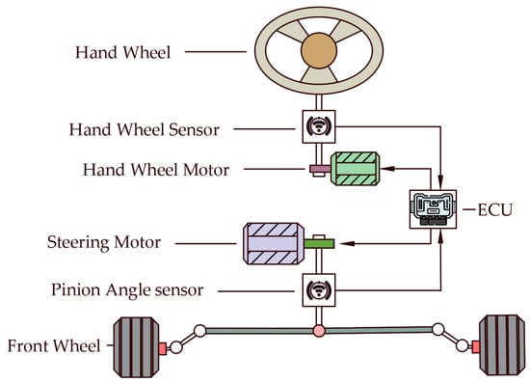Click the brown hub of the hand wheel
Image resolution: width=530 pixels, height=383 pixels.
tap(319, 51)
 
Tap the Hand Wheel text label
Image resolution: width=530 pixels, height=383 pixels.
tap(122, 52)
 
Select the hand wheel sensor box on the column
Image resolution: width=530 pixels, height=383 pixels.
tap(319, 126)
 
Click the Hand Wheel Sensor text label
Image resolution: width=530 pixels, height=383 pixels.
tap(145, 129)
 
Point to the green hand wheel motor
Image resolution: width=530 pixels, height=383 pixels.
tap(356, 169)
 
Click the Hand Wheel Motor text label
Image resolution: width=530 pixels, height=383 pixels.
tap(156, 170)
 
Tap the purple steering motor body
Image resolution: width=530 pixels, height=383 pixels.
tap(274, 244)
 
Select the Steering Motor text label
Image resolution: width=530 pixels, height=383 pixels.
tap(104, 242)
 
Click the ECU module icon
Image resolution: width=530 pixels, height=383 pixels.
tap(433, 209)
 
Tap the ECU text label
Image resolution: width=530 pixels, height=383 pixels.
tap(495, 210)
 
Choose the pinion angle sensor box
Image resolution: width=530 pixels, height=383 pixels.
tap(319, 290)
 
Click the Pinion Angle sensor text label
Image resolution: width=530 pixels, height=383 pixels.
tap(127, 290)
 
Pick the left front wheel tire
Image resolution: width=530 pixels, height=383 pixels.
tap(136, 347)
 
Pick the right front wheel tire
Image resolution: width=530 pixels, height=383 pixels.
tap(502, 344)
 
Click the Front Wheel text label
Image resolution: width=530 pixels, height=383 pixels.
tap(54, 346)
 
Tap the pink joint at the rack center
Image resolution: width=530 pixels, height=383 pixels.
tap(319, 331)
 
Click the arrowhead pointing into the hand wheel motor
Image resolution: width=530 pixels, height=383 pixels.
tap(387, 168)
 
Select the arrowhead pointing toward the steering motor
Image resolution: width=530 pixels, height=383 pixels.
tap(347, 243)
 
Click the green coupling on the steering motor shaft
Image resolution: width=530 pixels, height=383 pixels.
tap(319, 244)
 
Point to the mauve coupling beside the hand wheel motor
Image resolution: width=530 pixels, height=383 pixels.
tap(320, 168)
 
